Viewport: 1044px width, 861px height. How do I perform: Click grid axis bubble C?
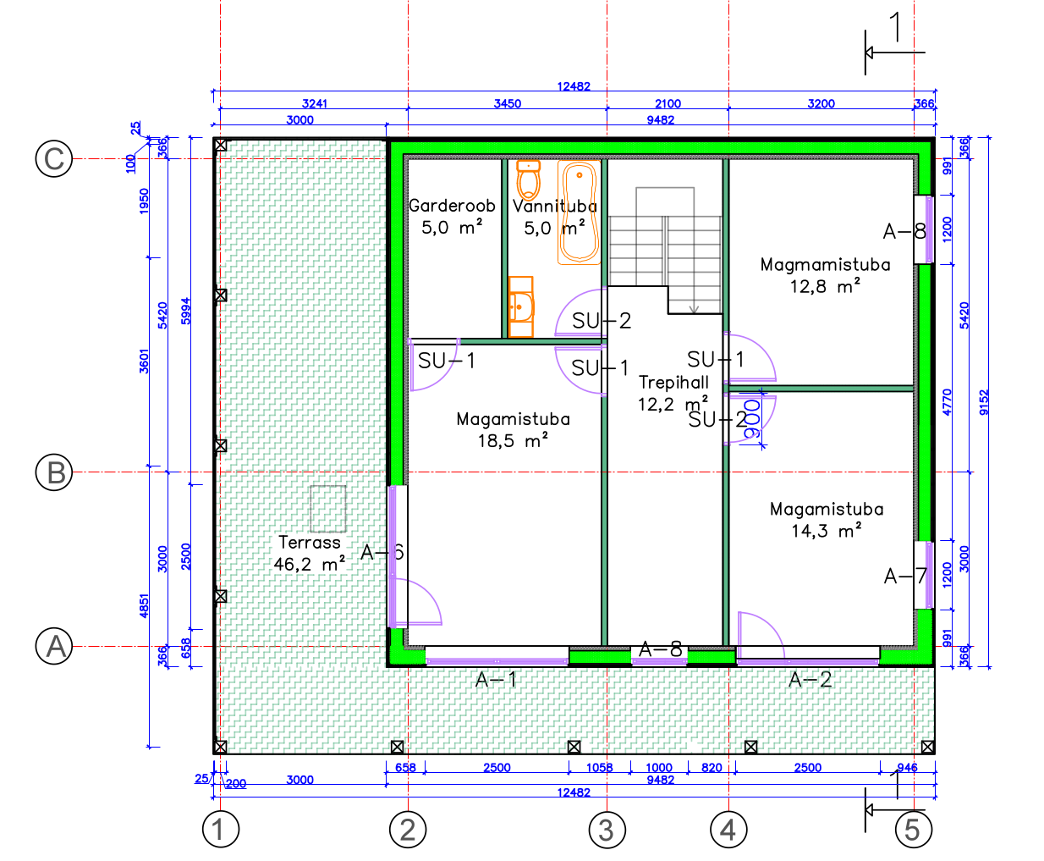pyautogui.click(x=54, y=158)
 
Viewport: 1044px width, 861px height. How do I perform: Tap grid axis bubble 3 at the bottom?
pyautogui.click(x=607, y=830)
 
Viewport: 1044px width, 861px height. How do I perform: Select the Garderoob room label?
pyautogui.click(x=452, y=205)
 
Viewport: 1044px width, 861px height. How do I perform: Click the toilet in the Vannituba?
pyautogui.click(x=529, y=179)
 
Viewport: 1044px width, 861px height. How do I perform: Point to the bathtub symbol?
pyautogui.click(x=579, y=212)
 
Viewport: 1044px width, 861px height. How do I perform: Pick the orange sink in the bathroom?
pyautogui.click(x=521, y=306)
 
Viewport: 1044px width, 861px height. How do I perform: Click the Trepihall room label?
pyautogui.click(x=673, y=382)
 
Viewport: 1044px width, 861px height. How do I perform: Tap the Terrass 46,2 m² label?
pyautogui.click(x=310, y=554)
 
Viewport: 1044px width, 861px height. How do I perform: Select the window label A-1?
pyautogui.click(x=496, y=680)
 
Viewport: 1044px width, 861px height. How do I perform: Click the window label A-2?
pyautogui.click(x=810, y=679)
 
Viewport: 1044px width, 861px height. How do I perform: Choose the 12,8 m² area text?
pyautogui.click(x=825, y=286)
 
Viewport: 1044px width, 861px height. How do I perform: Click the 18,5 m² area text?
pyautogui.click(x=513, y=440)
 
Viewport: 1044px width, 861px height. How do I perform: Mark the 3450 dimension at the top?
pyautogui.click(x=508, y=103)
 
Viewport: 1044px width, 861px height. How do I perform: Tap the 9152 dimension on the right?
pyautogui.click(x=984, y=402)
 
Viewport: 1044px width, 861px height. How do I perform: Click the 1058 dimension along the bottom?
pyautogui.click(x=600, y=767)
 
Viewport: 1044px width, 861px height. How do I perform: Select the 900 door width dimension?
pyautogui.click(x=752, y=419)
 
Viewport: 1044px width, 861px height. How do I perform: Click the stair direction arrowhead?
pyautogui.click(x=694, y=309)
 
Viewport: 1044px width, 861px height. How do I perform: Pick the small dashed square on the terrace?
pyautogui.click(x=328, y=509)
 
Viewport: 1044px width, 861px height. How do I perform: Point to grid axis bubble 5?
pyautogui.click(x=914, y=830)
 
